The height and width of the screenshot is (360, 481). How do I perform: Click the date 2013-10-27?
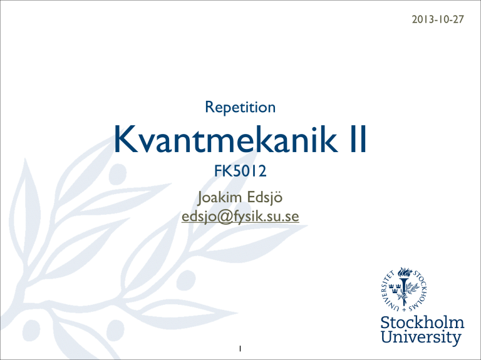tap(438, 19)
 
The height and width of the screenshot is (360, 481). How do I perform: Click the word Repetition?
tap(240, 107)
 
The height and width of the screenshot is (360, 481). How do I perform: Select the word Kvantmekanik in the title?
tap(225, 139)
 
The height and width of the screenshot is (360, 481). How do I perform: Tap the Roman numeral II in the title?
tap(358, 139)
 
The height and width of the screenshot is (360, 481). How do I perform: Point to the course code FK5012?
tap(240, 171)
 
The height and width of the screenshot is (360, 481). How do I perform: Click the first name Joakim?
tap(220, 197)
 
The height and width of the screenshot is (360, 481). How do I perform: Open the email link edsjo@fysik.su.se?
tap(240, 216)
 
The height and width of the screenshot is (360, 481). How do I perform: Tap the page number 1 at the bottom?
tap(240, 349)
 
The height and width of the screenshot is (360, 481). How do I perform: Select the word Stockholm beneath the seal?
tap(422, 323)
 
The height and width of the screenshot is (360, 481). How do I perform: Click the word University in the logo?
tap(421, 337)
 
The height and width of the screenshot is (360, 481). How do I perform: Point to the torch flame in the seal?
tap(405, 272)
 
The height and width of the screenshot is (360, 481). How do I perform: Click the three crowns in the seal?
tap(395, 287)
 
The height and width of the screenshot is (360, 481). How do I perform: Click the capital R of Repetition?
tap(209, 106)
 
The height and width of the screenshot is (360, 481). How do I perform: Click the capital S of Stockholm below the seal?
tap(386, 323)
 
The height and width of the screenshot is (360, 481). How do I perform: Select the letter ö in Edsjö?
tap(278, 197)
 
